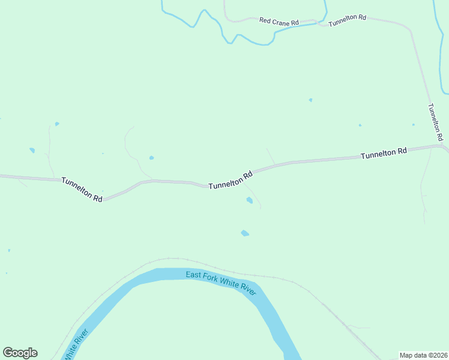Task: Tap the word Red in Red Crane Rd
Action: point(265,20)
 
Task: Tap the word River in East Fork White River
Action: point(247,289)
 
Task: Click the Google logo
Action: point(20,353)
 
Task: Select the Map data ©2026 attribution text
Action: point(423,355)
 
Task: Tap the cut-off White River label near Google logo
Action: point(76,345)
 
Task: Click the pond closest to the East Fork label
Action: point(244,233)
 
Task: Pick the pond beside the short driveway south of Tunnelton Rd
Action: point(249,200)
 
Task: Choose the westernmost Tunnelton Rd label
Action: point(82,189)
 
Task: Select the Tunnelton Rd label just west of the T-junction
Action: point(384,154)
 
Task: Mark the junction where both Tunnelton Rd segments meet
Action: point(443,145)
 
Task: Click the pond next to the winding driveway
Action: point(151,158)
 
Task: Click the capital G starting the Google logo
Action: point(8,353)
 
